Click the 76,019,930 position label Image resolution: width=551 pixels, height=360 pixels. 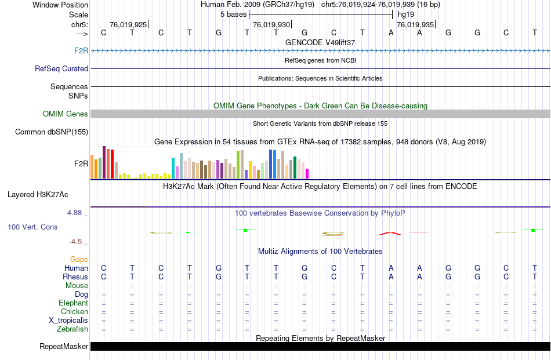(271, 25)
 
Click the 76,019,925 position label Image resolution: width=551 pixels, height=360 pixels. (128, 25)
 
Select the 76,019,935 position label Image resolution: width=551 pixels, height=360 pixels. (415, 25)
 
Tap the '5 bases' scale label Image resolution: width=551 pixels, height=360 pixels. (233, 14)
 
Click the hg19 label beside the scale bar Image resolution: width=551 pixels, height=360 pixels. (405, 14)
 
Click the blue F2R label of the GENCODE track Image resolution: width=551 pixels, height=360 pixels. (81, 51)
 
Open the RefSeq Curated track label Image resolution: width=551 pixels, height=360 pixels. (61, 68)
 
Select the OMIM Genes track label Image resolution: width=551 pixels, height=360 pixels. (66, 114)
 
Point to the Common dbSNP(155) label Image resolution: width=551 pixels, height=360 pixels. (52, 132)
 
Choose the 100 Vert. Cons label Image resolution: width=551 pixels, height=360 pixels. (32, 227)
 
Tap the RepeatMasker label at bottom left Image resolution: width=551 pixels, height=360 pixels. (64, 347)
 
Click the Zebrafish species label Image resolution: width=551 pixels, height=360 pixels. (72, 329)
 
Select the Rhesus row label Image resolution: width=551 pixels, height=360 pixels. (76, 277)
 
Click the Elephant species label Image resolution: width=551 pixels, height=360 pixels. (73, 303)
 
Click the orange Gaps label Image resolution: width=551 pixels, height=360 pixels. (79, 259)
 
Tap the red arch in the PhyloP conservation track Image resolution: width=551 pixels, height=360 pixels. (390, 233)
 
